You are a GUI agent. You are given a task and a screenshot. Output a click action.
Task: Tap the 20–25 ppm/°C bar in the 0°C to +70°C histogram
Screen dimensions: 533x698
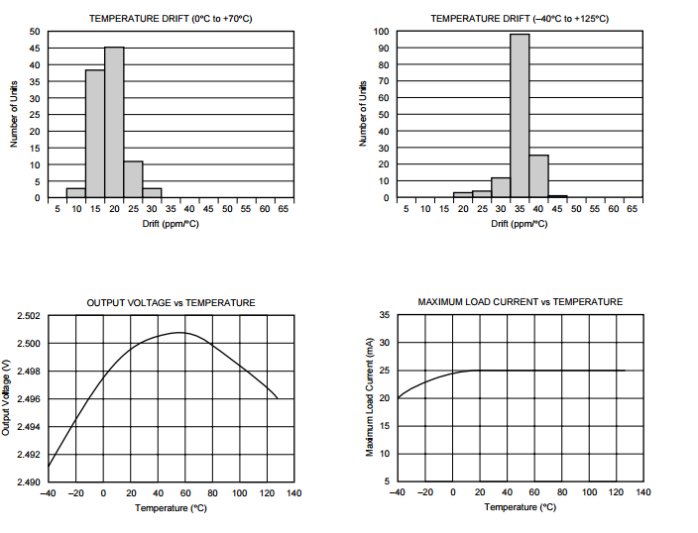[x=133, y=179]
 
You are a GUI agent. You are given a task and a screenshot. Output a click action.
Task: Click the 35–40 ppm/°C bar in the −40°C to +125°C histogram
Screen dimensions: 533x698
[x=538, y=176]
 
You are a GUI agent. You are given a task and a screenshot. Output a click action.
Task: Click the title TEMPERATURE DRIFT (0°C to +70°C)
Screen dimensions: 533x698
[x=171, y=19]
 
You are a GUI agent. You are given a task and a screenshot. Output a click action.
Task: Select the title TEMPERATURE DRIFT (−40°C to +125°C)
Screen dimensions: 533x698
[x=520, y=19]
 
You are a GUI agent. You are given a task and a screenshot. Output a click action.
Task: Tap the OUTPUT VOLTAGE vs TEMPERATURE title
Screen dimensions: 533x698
[x=171, y=303]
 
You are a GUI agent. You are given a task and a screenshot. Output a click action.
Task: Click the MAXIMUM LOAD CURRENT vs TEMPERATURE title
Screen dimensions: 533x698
[x=521, y=302]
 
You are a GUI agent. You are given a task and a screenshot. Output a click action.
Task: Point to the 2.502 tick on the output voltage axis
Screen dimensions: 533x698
[x=30, y=316]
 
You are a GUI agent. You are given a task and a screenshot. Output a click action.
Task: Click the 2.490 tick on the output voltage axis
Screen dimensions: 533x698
[x=30, y=482]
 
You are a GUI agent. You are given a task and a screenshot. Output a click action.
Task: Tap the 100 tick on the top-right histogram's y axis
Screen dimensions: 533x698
[x=381, y=32]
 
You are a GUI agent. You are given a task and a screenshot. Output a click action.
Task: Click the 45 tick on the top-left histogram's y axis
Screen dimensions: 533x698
[x=35, y=49]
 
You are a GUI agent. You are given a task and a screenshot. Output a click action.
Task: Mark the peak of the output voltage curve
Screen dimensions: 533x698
[x=180, y=333]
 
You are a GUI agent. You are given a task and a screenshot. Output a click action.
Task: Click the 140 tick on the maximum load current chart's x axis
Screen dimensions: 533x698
[x=643, y=492]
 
